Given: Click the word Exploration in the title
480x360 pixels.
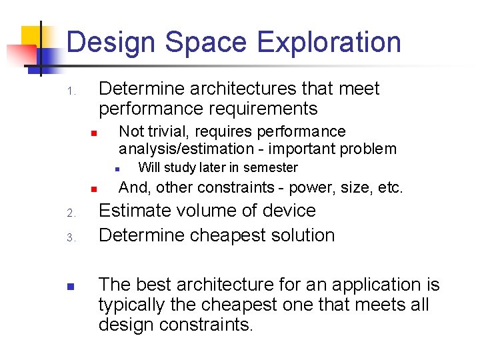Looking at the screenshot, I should [x=329, y=42].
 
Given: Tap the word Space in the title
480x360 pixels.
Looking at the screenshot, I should [x=207, y=42].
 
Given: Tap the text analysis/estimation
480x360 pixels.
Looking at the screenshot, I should [x=186, y=149].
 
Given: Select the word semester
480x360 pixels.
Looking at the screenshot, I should [x=270, y=167].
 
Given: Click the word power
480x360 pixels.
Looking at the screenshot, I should [x=311, y=188].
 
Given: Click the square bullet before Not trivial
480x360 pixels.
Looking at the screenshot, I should [x=95, y=133].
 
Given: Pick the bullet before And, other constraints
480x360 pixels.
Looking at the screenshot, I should [x=95, y=189].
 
